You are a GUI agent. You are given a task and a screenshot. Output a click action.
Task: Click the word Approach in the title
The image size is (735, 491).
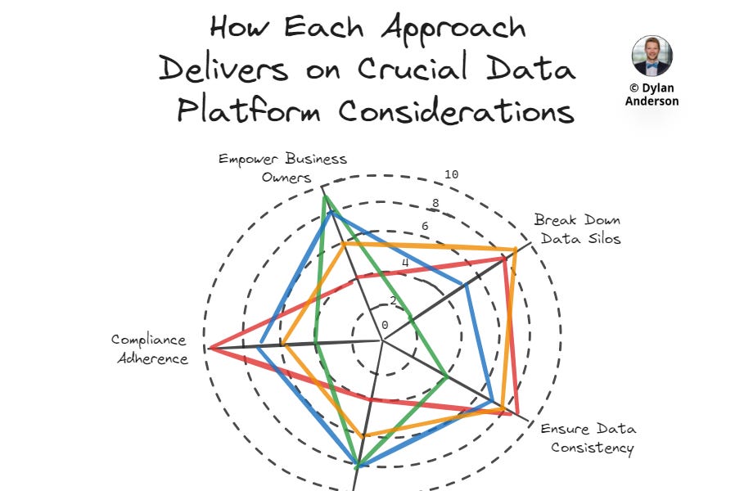pos(455,28)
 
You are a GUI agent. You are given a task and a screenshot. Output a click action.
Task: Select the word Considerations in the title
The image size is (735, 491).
pos(456,110)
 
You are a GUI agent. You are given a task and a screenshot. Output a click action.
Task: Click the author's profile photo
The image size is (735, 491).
pos(652,56)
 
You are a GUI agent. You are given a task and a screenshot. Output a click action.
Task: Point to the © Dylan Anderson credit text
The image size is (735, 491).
pos(652,94)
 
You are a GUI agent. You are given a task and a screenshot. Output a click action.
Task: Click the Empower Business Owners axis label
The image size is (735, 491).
pos(282,167)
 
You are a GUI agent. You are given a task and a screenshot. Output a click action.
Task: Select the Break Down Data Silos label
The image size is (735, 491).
pos(577,229)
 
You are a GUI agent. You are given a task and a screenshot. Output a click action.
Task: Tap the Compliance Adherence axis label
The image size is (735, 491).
pos(149,349)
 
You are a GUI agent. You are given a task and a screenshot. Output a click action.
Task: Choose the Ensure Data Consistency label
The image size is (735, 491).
pos(588,438)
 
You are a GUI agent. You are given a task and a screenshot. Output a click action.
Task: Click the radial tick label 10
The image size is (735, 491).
pos(451,173)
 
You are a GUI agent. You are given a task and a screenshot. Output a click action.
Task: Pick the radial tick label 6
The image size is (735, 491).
pos(425,227)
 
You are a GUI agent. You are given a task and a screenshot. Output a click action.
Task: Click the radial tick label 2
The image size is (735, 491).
pos(393,300)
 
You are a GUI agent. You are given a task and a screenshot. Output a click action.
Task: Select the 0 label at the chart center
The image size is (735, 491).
pos(385,325)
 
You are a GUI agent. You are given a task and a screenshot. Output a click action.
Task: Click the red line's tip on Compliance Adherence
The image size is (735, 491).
pos(210,349)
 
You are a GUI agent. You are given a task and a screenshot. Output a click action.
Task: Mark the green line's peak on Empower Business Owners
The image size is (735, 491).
pos(324,196)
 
